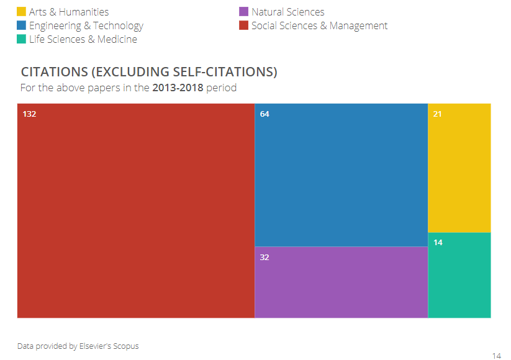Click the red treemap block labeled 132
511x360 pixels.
(x=135, y=211)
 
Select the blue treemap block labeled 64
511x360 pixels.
(x=341, y=175)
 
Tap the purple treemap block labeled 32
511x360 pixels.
(x=341, y=282)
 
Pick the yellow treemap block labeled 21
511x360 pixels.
(x=459, y=168)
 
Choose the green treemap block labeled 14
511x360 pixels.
(x=459, y=275)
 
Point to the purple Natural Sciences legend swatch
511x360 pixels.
(x=244, y=12)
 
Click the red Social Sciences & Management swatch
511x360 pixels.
(x=244, y=25)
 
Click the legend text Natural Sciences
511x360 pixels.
(x=287, y=12)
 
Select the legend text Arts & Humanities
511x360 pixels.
(x=69, y=12)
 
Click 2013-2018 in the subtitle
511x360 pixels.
(x=178, y=88)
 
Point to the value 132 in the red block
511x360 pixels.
(x=30, y=114)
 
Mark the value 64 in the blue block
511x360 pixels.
(x=265, y=114)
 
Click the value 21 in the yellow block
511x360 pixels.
(x=437, y=114)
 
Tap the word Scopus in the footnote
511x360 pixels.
(x=126, y=346)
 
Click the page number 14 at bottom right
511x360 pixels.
(x=496, y=356)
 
